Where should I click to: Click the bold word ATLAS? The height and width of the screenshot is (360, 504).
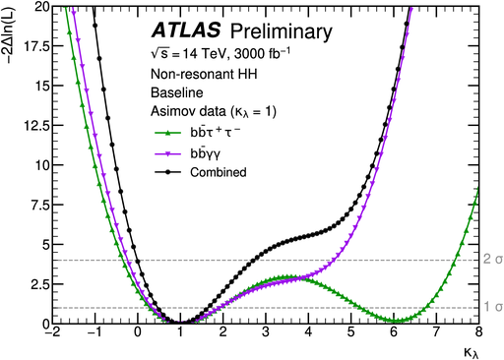pyautogui.click(x=180, y=31)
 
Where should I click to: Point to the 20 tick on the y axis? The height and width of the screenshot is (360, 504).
pyautogui.click(x=26, y=7)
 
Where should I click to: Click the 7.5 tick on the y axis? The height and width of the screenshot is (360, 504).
pyautogui.click(x=23, y=205)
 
